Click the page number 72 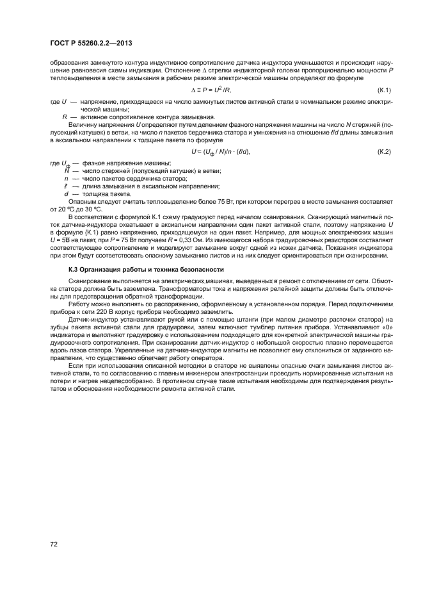click(x=54, y=544)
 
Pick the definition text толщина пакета click(x=97, y=193)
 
